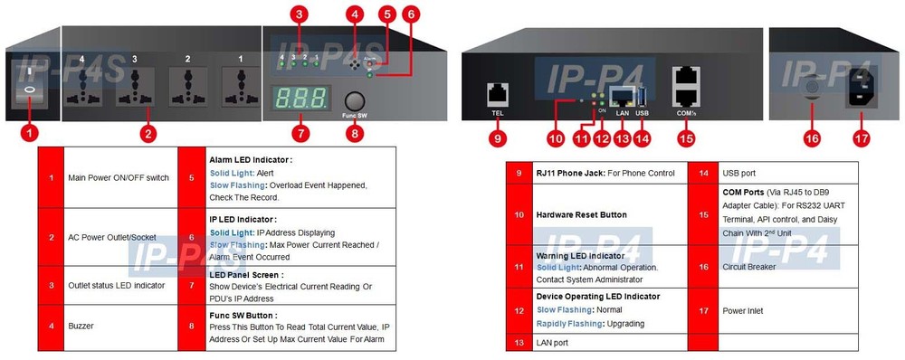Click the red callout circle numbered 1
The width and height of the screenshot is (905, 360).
30,133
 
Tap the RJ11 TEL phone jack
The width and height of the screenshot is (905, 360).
497,92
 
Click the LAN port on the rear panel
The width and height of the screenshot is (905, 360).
621,95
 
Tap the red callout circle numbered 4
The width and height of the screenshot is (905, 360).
355,14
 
